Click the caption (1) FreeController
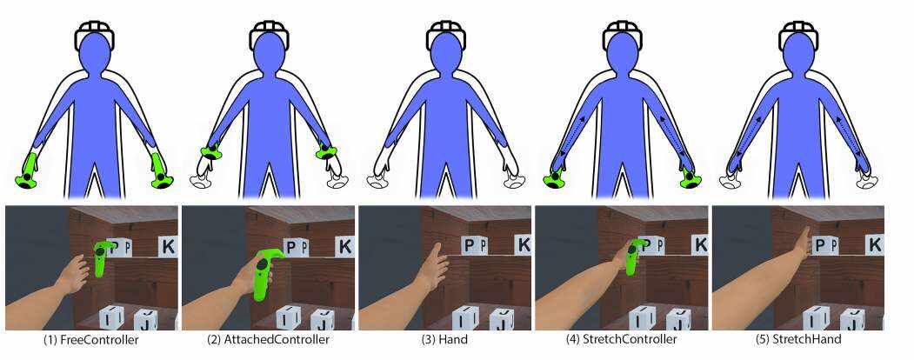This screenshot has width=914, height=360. (91, 340)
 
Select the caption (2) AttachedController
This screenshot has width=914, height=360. (268, 340)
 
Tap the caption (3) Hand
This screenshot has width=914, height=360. (444, 340)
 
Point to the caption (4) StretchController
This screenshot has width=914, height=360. (621, 340)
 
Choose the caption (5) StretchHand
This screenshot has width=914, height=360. (797, 340)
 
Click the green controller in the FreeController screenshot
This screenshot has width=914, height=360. (103, 257)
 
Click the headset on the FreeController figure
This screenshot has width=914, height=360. (95, 35)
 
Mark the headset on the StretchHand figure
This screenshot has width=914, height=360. (800, 35)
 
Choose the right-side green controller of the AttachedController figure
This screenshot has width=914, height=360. (327, 153)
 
